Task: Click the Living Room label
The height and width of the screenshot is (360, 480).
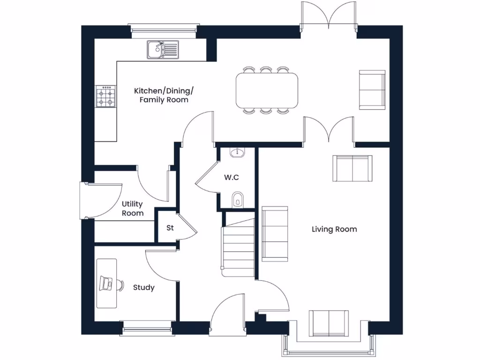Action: pyautogui.click(x=334, y=229)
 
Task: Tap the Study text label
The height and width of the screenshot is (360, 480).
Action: pyautogui.click(x=143, y=287)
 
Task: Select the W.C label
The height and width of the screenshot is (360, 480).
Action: pyautogui.click(x=231, y=178)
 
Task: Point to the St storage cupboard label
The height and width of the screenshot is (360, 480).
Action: pyautogui.click(x=170, y=228)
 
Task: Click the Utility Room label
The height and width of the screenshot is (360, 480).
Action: pyautogui.click(x=133, y=209)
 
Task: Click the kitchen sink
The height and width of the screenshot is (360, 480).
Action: pyautogui.click(x=162, y=50)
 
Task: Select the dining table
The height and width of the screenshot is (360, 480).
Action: pyautogui.click(x=266, y=90)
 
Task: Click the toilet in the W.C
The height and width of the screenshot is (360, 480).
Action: pyautogui.click(x=238, y=199)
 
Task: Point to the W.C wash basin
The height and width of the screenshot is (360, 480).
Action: pyautogui.click(x=238, y=152)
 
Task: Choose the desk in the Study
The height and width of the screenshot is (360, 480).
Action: pyautogui.click(x=106, y=283)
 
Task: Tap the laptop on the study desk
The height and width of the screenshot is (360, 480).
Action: pyautogui.click(x=107, y=283)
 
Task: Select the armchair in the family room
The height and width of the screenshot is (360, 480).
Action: pyautogui.click(x=372, y=90)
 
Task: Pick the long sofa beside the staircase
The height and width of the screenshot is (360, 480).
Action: pyautogui.click(x=274, y=233)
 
